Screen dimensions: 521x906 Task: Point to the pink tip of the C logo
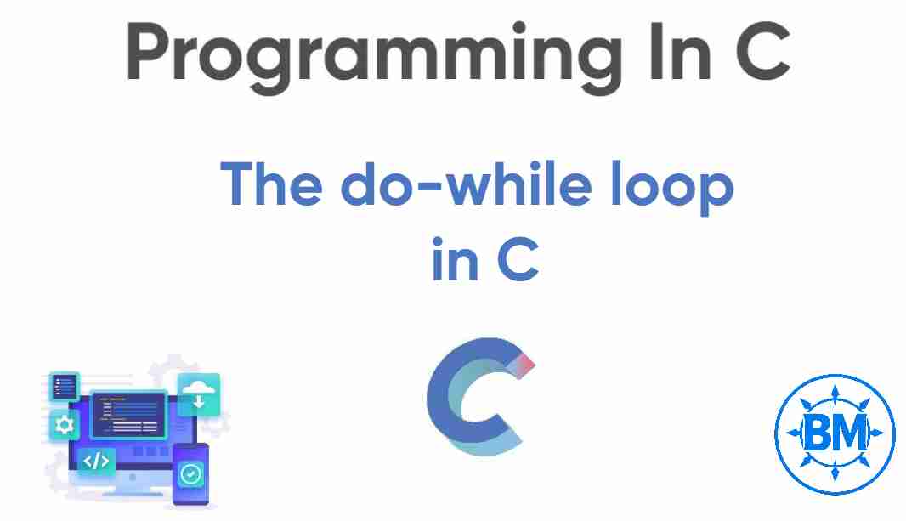pos(525,364)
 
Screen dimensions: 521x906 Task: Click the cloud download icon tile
pos(199,394)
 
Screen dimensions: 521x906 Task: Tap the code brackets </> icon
pos(96,461)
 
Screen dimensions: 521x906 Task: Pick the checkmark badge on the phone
pos(191,474)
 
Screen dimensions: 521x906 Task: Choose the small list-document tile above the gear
pos(64,388)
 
